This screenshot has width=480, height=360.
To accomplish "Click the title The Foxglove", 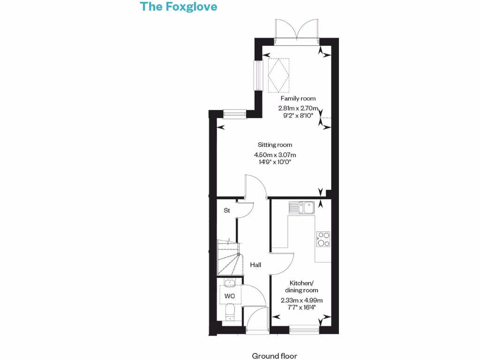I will [179, 7].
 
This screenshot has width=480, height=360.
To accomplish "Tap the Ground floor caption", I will [274, 356].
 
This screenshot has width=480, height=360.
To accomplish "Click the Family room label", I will [298, 98].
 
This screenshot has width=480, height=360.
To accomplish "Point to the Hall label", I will [255, 265].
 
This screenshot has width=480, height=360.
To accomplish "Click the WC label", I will [230, 296].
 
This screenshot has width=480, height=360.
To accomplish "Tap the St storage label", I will [227, 210].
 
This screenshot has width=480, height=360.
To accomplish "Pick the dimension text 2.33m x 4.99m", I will [301, 300].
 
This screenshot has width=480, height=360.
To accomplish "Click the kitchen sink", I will [302, 207].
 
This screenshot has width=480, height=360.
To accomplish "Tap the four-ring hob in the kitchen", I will [323, 239].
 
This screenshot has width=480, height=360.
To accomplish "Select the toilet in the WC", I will [229, 313].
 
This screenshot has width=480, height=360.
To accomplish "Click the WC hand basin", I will [230, 283].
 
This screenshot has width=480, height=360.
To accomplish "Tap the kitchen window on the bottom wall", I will [304, 330].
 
